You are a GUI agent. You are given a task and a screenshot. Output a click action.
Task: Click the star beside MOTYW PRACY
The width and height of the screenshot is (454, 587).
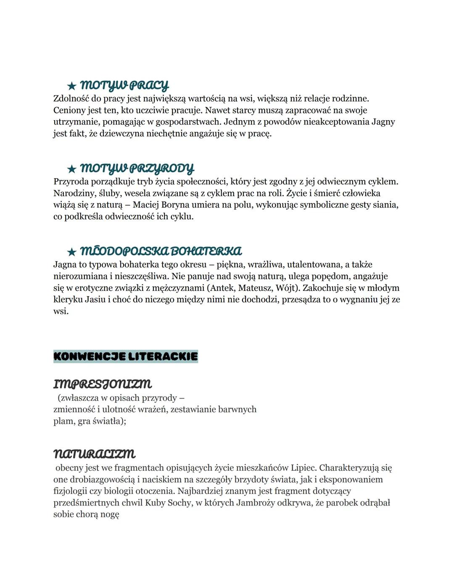[x=72, y=86]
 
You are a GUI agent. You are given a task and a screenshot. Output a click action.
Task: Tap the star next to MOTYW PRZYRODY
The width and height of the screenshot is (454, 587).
[x=72, y=169]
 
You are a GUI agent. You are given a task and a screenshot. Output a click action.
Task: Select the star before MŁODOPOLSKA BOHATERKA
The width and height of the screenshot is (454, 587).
[x=72, y=252]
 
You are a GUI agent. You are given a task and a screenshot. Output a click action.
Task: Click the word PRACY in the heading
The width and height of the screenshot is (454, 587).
[x=149, y=86]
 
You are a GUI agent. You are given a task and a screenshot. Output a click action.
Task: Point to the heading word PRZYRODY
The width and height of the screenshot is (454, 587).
[x=162, y=168]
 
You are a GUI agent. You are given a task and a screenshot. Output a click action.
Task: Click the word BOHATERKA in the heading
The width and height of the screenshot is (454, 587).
[x=206, y=251]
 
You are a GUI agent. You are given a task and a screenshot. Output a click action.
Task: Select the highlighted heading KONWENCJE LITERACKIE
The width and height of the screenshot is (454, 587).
[x=126, y=356]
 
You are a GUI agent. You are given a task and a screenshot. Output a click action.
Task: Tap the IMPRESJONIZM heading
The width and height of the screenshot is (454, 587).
[x=103, y=384]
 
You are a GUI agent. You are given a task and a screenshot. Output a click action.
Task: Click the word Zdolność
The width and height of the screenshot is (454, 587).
[x=71, y=99]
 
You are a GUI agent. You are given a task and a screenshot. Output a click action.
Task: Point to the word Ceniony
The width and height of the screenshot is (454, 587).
[x=69, y=111]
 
